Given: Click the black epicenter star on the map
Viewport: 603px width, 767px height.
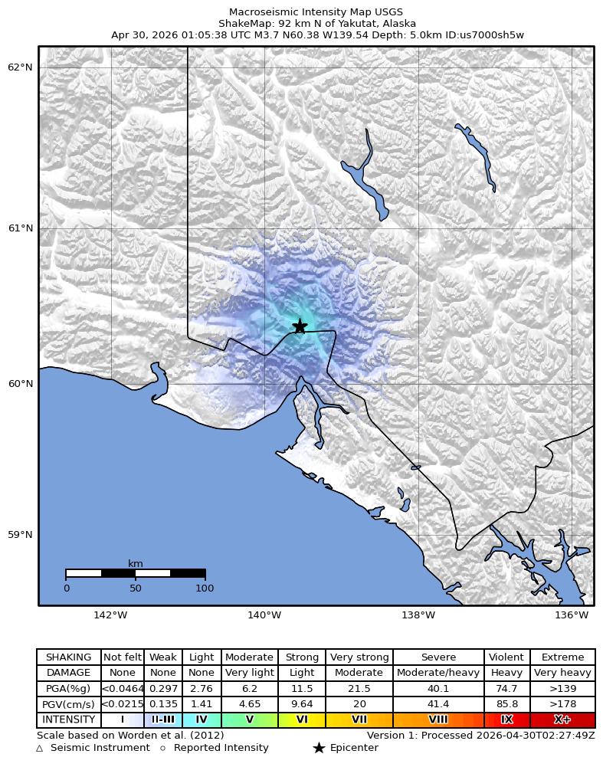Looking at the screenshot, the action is point(300,326).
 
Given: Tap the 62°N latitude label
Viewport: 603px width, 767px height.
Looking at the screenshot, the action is point(20,67).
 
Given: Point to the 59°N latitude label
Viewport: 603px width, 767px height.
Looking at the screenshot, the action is point(20,535).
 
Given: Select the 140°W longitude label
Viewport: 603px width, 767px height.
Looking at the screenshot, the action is point(264,615).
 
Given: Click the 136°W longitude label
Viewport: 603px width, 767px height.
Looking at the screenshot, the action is point(572,615).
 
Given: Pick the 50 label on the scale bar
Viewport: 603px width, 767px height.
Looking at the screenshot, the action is point(136,588).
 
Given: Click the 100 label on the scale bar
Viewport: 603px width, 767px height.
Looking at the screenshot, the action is point(205,588).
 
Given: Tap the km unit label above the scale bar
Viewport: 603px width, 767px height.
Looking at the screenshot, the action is point(136,564).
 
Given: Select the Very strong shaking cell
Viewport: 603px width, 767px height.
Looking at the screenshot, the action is point(359,657).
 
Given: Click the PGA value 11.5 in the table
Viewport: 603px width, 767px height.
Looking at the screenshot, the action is point(302,689).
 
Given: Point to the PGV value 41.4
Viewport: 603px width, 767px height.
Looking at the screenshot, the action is point(438,704).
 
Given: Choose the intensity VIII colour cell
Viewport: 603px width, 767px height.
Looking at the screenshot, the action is point(438,720).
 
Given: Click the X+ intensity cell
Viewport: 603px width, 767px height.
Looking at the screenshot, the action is point(562,720).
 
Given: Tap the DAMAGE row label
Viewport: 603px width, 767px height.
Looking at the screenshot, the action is point(69,673).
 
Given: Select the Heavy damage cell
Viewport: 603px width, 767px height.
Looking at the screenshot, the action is point(506,673).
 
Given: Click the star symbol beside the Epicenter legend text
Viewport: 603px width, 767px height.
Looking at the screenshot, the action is point(319,748).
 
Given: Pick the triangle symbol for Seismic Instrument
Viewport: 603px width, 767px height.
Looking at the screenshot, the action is point(40,748).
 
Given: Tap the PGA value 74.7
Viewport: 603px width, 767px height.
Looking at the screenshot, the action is point(506,689).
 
